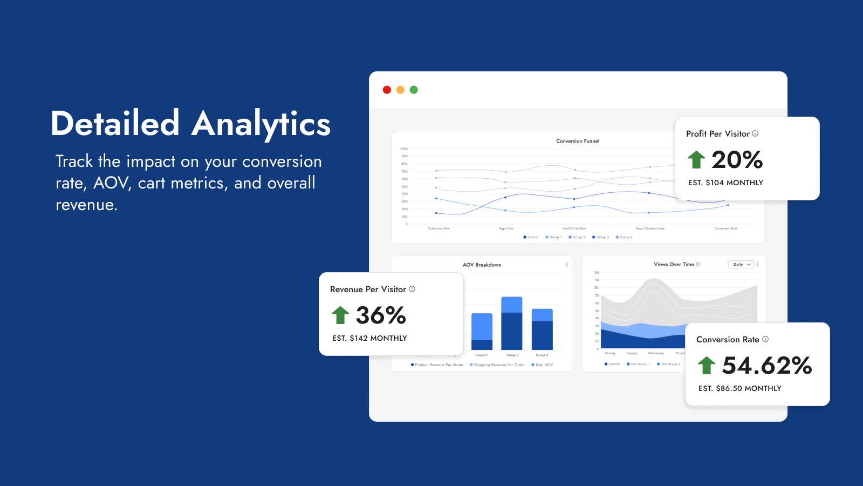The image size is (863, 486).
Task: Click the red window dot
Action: [387, 90]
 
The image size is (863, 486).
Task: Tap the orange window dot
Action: [400, 90]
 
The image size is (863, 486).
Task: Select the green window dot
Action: [414, 90]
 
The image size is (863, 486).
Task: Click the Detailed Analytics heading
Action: [190, 124]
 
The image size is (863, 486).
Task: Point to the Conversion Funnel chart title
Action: [578, 141]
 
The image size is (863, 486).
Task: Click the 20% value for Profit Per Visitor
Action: [737, 160]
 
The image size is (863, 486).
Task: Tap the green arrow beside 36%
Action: [340, 315]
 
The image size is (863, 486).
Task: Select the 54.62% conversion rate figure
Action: [767, 366]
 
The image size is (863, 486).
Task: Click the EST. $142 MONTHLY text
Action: [369, 339]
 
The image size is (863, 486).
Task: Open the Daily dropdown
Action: [741, 265]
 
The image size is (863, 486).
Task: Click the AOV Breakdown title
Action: [482, 265]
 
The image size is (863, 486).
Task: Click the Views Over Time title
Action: [674, 265]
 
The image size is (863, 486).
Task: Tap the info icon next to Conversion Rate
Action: [765, 339]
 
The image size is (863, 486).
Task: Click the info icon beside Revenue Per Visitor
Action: [412, 289]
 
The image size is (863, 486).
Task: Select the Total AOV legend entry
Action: [543, 365]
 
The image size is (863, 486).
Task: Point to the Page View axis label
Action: [506, 228]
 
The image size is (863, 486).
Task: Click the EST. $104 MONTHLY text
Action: [725, 183]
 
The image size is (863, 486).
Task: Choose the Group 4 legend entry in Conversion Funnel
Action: [625, 237]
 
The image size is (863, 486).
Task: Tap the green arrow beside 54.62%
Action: [707, 365]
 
